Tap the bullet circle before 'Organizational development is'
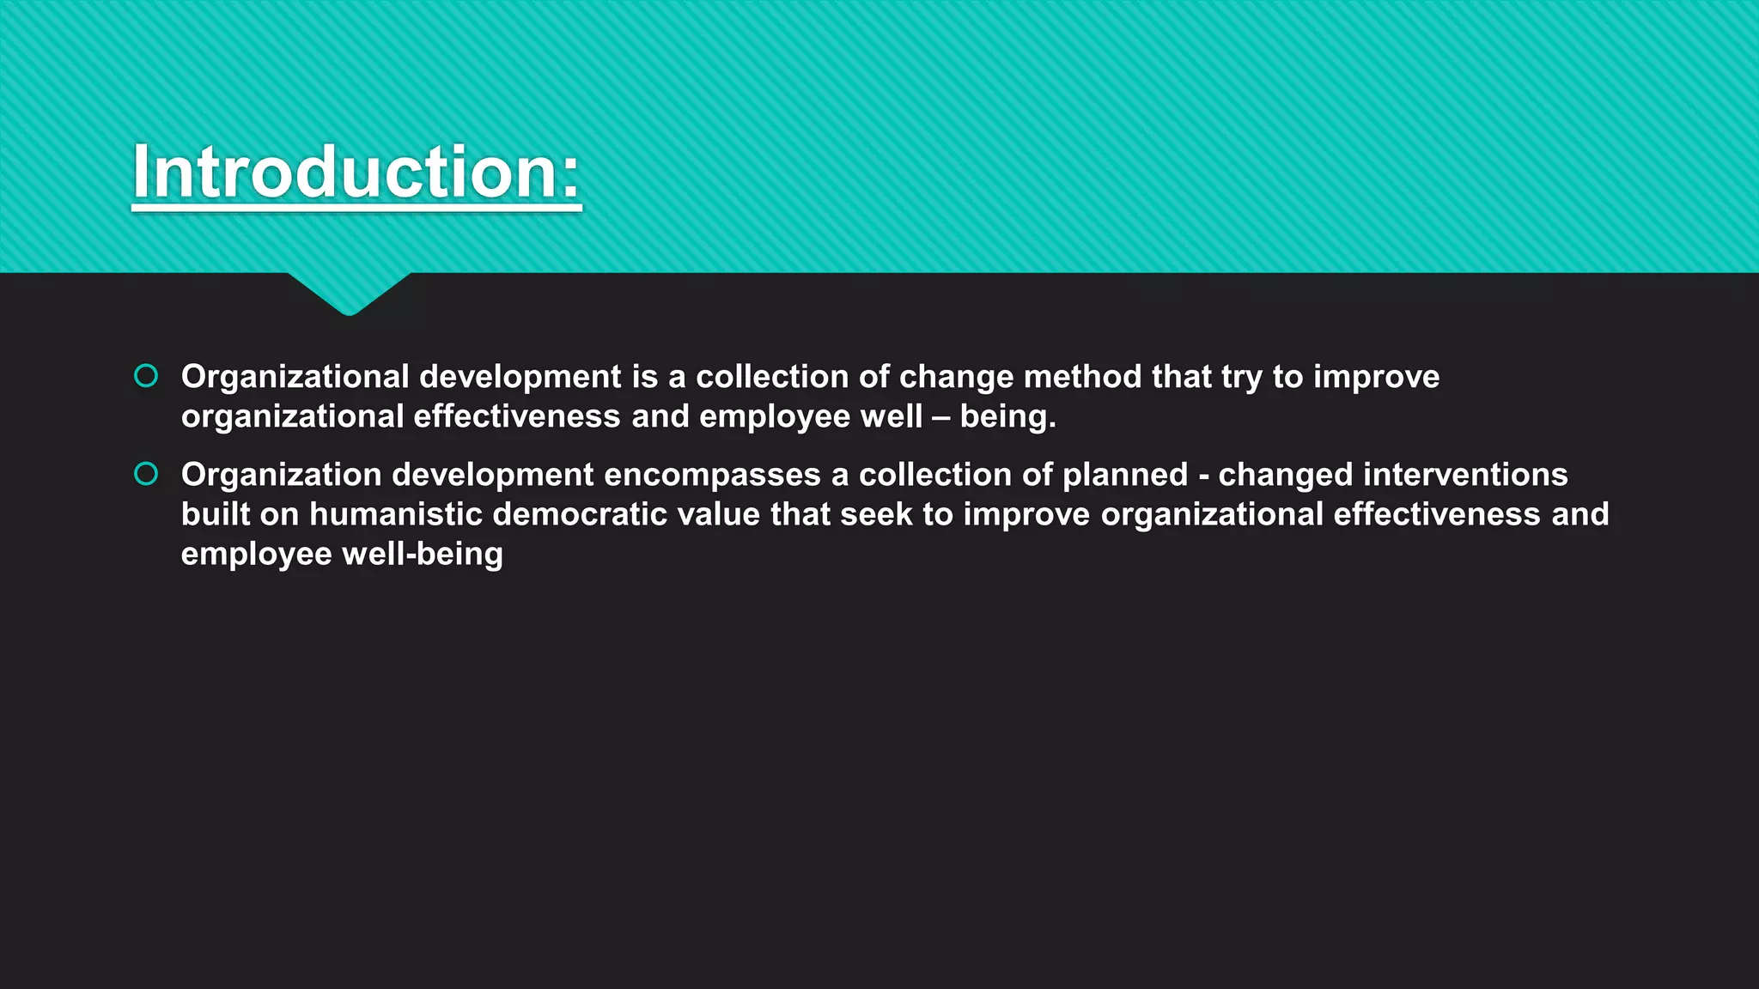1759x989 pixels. [146, 376]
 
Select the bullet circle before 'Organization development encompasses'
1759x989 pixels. [146, 474]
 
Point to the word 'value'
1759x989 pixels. [718, 514]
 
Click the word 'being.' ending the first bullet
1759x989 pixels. [1007, 417]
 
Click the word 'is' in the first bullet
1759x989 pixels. [644, 377]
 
